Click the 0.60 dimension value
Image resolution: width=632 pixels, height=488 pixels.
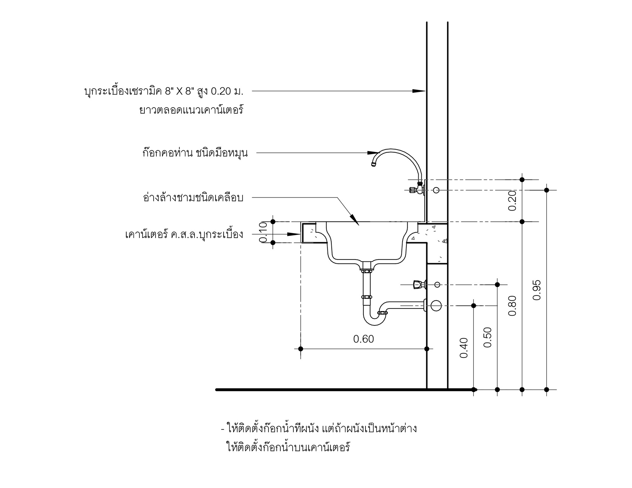[x=363, y=339]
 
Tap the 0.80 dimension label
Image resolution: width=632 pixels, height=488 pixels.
[x=512, y=305]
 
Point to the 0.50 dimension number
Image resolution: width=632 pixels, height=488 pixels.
[x=488, y=337]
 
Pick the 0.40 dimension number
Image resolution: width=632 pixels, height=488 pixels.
[x=463, y=348]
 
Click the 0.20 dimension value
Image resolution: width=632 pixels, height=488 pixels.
[x=512, y=201]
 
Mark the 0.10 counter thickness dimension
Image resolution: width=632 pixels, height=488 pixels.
[x=264, y=232]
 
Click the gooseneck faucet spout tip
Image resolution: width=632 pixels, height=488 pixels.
[x=374, y=164]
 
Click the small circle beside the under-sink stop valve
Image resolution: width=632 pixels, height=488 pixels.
[x=437, y=284]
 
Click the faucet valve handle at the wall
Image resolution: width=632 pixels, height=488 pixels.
[x=413, y=189]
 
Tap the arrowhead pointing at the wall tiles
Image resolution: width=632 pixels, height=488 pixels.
[x=420, y=91]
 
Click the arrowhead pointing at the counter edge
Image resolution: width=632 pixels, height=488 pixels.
[x=295, y=234]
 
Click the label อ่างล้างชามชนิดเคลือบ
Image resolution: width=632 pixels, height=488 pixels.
[x=193, y=198]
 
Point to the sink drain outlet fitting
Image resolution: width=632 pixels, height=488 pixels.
[x=367, y=267]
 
